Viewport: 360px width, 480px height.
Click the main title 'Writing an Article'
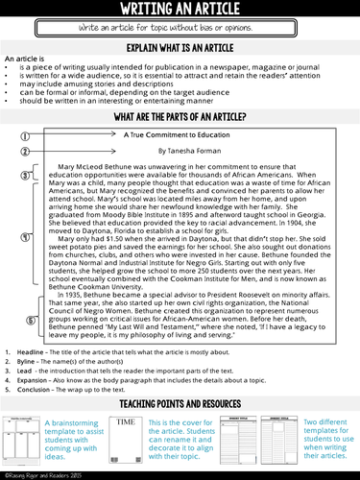[180, 10]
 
